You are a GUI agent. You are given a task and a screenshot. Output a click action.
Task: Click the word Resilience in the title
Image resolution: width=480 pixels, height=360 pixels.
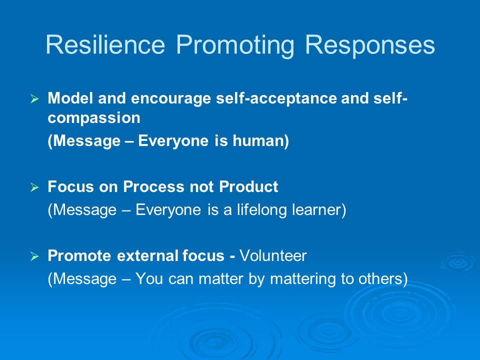point(105,44)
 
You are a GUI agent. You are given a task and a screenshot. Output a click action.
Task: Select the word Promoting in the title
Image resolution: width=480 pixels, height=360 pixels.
point(235,46)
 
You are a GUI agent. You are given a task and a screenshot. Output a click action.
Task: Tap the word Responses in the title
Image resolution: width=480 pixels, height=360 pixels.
point(370,46)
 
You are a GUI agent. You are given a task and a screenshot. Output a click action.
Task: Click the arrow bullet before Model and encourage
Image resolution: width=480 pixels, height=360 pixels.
point(34,99)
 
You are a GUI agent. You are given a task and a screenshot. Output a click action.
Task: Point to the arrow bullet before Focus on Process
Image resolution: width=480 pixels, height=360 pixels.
point(34,187)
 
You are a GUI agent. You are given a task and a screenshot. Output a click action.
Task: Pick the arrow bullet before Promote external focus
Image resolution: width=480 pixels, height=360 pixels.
point(34,256)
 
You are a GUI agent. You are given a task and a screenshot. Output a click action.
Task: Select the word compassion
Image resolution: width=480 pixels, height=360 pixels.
point(94,118)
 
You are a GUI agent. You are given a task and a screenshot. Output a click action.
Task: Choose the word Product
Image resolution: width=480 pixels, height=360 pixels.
point(248,186)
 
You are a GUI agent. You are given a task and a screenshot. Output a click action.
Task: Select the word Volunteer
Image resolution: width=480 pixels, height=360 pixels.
point(273,255)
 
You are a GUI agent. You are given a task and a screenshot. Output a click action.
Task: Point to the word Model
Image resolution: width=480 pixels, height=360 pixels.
point(70,98)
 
